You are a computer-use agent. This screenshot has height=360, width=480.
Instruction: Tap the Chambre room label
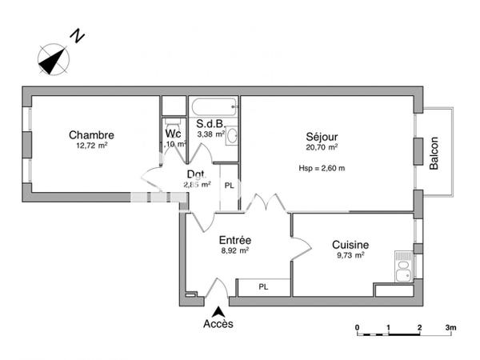[x=91, y=135]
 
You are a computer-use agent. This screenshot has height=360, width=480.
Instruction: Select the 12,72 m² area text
[x=91, y=146]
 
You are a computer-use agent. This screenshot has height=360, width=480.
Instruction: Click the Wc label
[x=173, y=134]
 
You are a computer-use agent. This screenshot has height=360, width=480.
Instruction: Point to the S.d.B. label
[x=209, y=124]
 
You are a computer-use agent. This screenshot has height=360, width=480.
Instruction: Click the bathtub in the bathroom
[x=214, y=107]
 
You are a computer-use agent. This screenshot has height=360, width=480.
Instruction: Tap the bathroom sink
[x=231, y=135]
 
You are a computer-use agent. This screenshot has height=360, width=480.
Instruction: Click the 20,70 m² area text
[x=321, y=147]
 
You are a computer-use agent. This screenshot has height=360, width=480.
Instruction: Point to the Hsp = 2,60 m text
[x=322, y=168]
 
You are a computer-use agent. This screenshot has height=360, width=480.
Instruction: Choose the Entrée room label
[x=235, y=239]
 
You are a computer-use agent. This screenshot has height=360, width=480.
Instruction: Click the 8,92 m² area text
[x=234, y=250]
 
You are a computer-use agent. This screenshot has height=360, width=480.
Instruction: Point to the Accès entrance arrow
[x=218, y=310]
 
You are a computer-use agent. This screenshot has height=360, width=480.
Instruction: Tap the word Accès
[x=218, y=323]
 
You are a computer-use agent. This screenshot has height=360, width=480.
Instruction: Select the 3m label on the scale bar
[x=450, y=327]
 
